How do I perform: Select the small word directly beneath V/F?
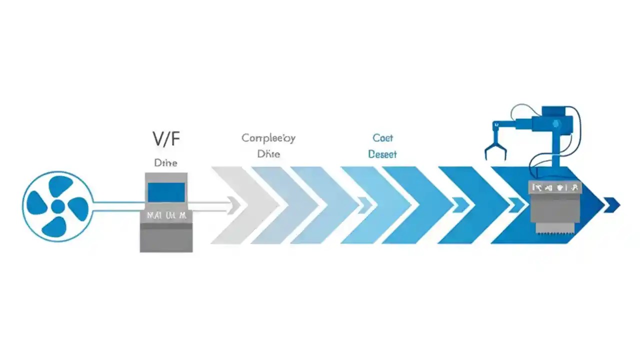(165, 163)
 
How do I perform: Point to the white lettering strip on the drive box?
(166, 216)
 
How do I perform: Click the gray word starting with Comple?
(268, 138)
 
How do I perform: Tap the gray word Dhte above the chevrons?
(268, 154)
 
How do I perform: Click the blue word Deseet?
(382, 154)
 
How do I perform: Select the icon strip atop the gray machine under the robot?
(555, 188)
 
